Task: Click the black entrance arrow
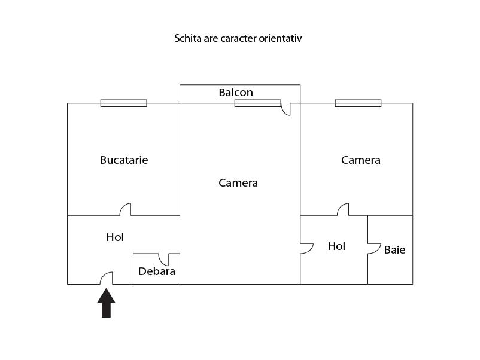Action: click(x=106, y=303)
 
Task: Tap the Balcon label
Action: click(x=236, y=92)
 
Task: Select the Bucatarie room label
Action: click(x=124, y=160)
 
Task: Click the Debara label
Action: click(x=157, y=271)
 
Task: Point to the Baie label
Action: click(x=394, y=250)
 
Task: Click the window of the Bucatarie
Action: click(x=124, y=103)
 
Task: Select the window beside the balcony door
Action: click(x=258, y=103)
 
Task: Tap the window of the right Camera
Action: click(x=358, y=103)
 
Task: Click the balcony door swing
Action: click(x=285, y=109)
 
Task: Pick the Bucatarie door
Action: click(x=125, y=209)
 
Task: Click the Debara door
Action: click(x=163, y=260)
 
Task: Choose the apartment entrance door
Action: click(x=107, y=278)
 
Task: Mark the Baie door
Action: click(x=374, y=249)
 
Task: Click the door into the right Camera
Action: click(x=343, y=209)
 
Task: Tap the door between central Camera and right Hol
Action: click(x=307, y=249)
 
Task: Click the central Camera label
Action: click(x=238, y=183)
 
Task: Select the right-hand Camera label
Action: click(x=361, y=160)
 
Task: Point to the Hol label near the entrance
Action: click(x=115, y=237)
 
